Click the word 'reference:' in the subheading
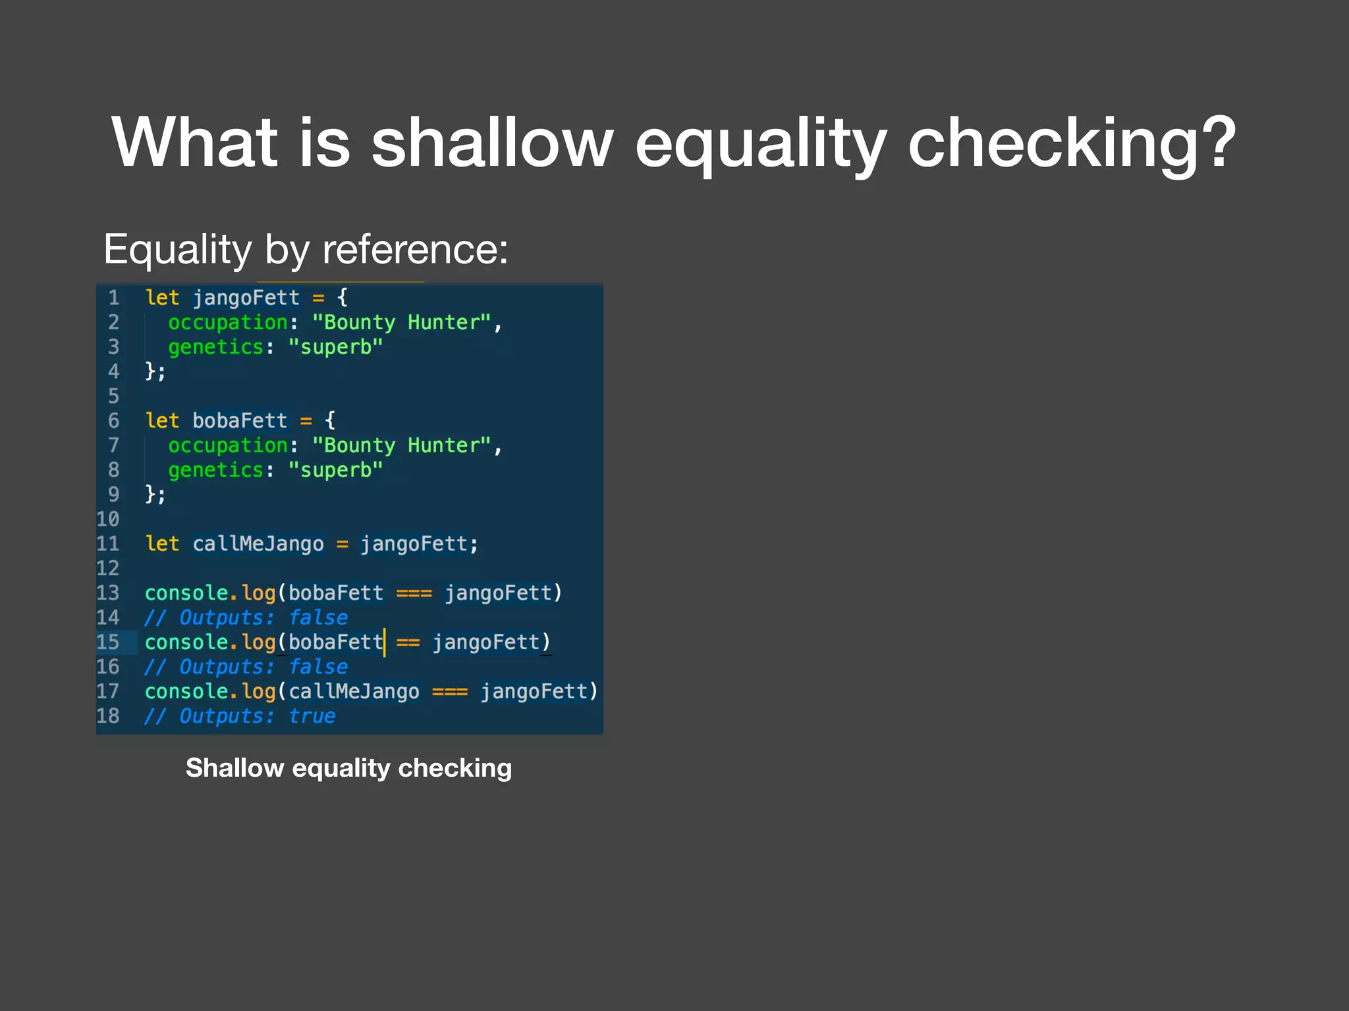(415, 249)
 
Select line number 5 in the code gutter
(113, 396)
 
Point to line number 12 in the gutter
(108, 568)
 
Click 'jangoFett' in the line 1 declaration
(246, 298)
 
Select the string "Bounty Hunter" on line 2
(402, 323)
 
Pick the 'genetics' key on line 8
(215, 470)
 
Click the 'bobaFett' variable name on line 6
(240, 421)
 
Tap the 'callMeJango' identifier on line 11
(258, 544)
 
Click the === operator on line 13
(414, 593)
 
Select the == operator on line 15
(408, 642)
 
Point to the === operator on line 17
(450, 692)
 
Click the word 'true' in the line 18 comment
(312, 716)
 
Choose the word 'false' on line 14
(318, 617)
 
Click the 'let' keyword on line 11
(162, 544)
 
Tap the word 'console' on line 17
(186, 692)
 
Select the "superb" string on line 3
(336, 347)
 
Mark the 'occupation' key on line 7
(228, 446)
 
